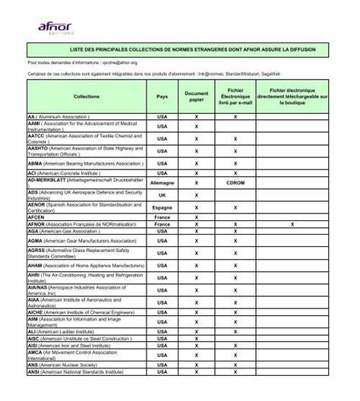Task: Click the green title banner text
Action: [179, 49]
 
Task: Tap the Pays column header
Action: [162, 96]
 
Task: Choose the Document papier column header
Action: [196, 96]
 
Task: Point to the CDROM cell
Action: [235, 183]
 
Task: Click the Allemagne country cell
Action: [162, 183]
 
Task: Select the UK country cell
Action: [162, 194]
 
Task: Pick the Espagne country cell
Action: [162, 207]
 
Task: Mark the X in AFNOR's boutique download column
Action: [292, 224]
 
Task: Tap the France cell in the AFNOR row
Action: [162, 224]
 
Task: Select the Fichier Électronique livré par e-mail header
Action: [235, 96]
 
